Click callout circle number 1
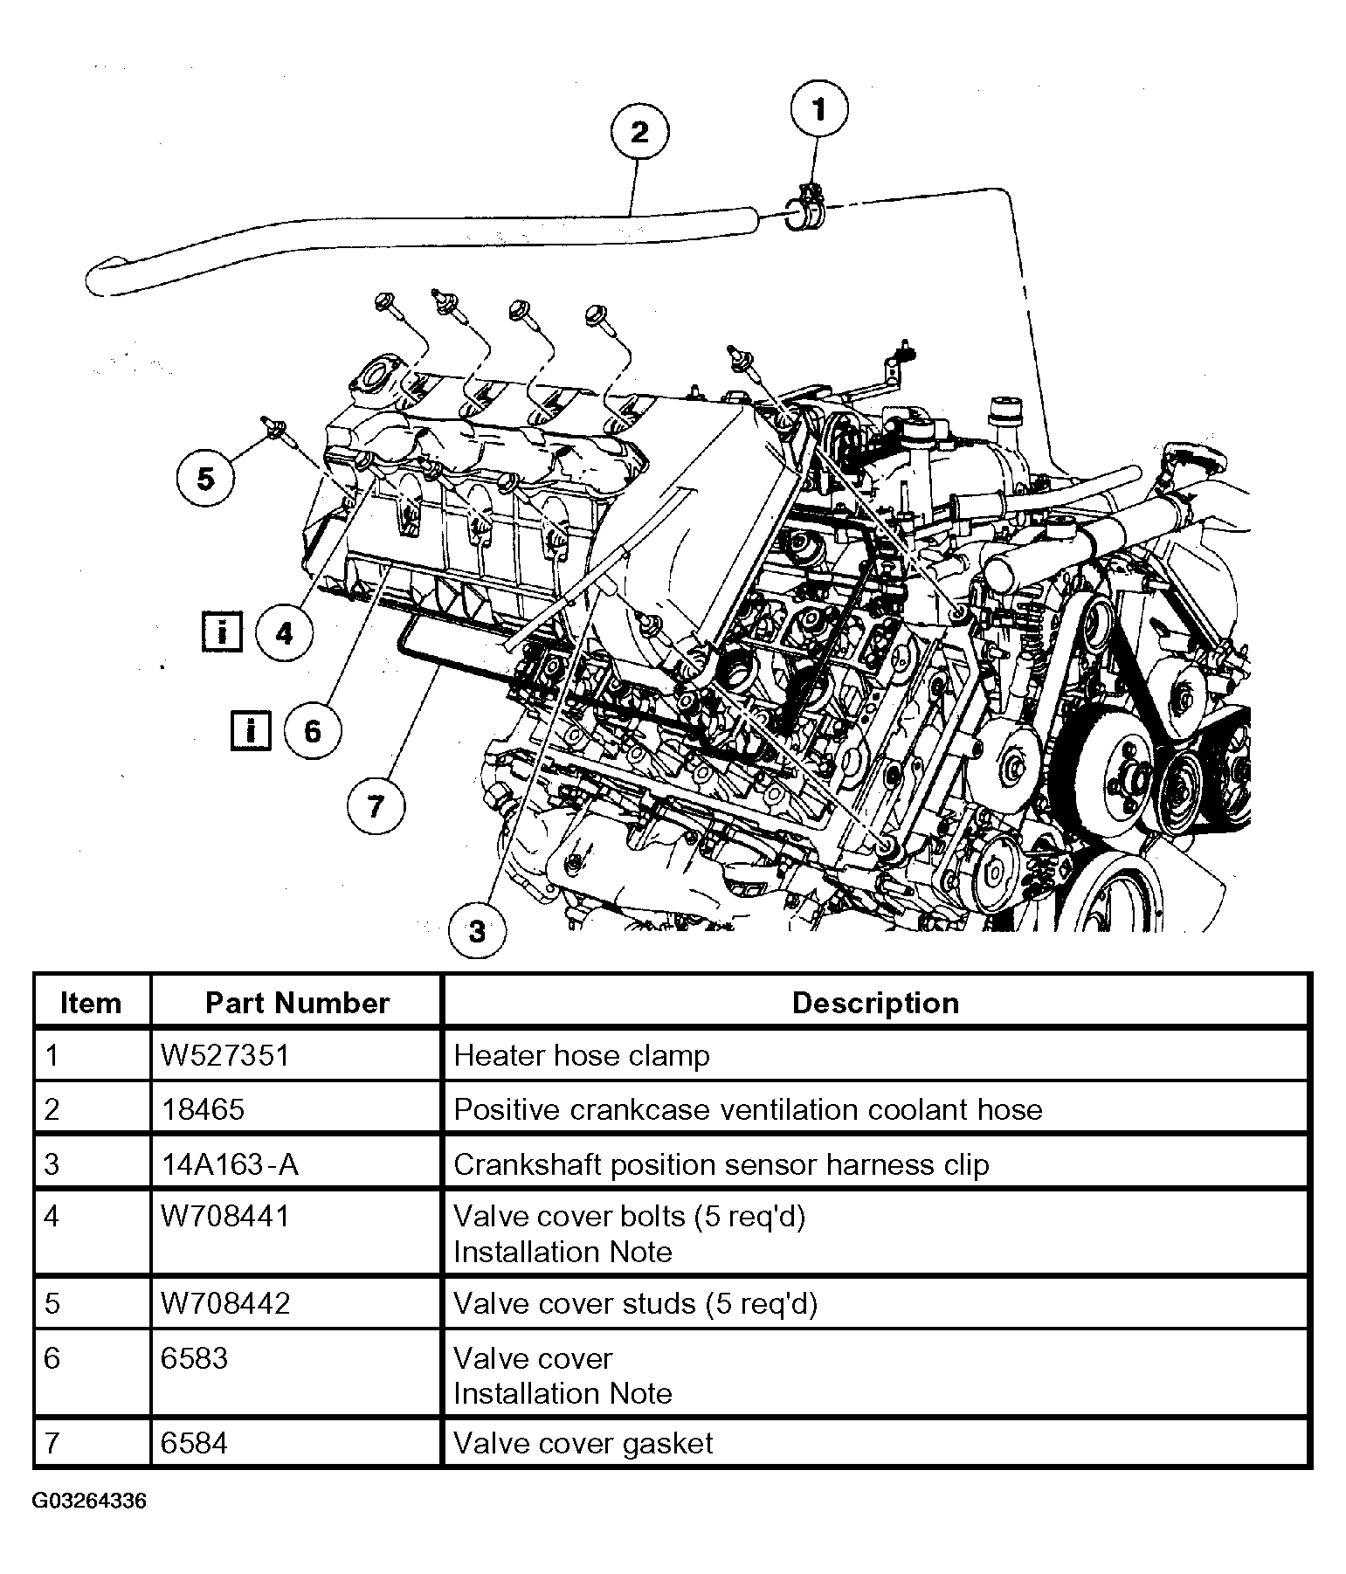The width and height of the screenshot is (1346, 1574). (818, 110)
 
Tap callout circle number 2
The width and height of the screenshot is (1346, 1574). (639, 133)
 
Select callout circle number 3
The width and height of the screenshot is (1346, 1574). (477, 931)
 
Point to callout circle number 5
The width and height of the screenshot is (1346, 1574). (206, 478)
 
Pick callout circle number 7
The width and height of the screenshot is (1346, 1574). (376, 804)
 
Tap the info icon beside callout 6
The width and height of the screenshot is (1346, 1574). (251, 729)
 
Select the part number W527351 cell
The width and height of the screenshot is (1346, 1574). (224, 1055)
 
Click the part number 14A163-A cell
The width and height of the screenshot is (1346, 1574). (231, 1163)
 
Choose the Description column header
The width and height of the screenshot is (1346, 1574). (875, 1003)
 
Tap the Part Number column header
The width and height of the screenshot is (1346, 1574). (297, 1003)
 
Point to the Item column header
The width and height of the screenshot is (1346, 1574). (91, 1003)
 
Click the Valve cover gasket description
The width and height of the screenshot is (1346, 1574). (583, 1443)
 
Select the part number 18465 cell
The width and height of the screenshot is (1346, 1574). (204, 1109)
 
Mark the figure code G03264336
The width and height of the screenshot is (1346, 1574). (90, 1501)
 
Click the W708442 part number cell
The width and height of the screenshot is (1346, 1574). (225, 1303)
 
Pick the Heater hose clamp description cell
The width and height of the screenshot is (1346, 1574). (582, 1055)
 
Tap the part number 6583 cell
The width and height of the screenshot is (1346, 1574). (195, 1358)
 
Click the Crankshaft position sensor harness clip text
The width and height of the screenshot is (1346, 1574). (721, 1163)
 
